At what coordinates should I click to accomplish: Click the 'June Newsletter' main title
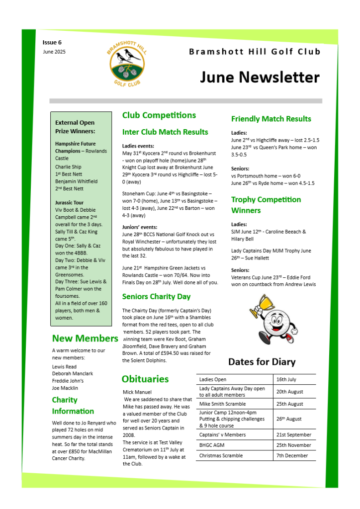pyautogui.click(x=260, y=78)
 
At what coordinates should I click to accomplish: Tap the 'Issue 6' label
pyautogui.click(x=52, y=43)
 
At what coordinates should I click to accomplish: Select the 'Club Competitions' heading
pyautogui.click(x=159, y=115)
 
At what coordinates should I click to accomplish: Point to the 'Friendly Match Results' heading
pyautogui.click(x=271, y=119)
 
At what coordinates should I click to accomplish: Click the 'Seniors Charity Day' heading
pyautogui.click(x=156, y=297)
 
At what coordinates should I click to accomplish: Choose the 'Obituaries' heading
pyautogui.click(x=145, y=379)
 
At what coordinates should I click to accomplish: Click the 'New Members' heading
pyautogui.click(x=85, y=339)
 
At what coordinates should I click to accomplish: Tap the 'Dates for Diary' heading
pyautogui.click(x=262, y=362)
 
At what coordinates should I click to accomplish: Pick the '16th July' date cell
pyautogui.click(x=286, y=379)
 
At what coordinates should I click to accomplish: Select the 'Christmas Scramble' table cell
pyautogui.click(x=221, y=455)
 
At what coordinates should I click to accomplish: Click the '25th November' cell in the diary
pyautogui.click(x=293, y=445)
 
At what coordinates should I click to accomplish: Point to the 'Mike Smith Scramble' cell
pyautogui.click(x=222, y=404)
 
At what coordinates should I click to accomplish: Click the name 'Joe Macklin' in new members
pyautogui.click(x=65, y=388)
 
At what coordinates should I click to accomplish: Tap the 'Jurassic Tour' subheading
pyautogui.click(x=70, y=203)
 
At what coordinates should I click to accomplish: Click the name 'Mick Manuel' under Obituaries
pyautogui.click(x=137, y=392)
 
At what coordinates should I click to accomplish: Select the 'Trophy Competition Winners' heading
pyautogui.click(x=266, y=205)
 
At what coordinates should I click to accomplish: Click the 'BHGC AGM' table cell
pyautogui.click(x=213, y=445)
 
